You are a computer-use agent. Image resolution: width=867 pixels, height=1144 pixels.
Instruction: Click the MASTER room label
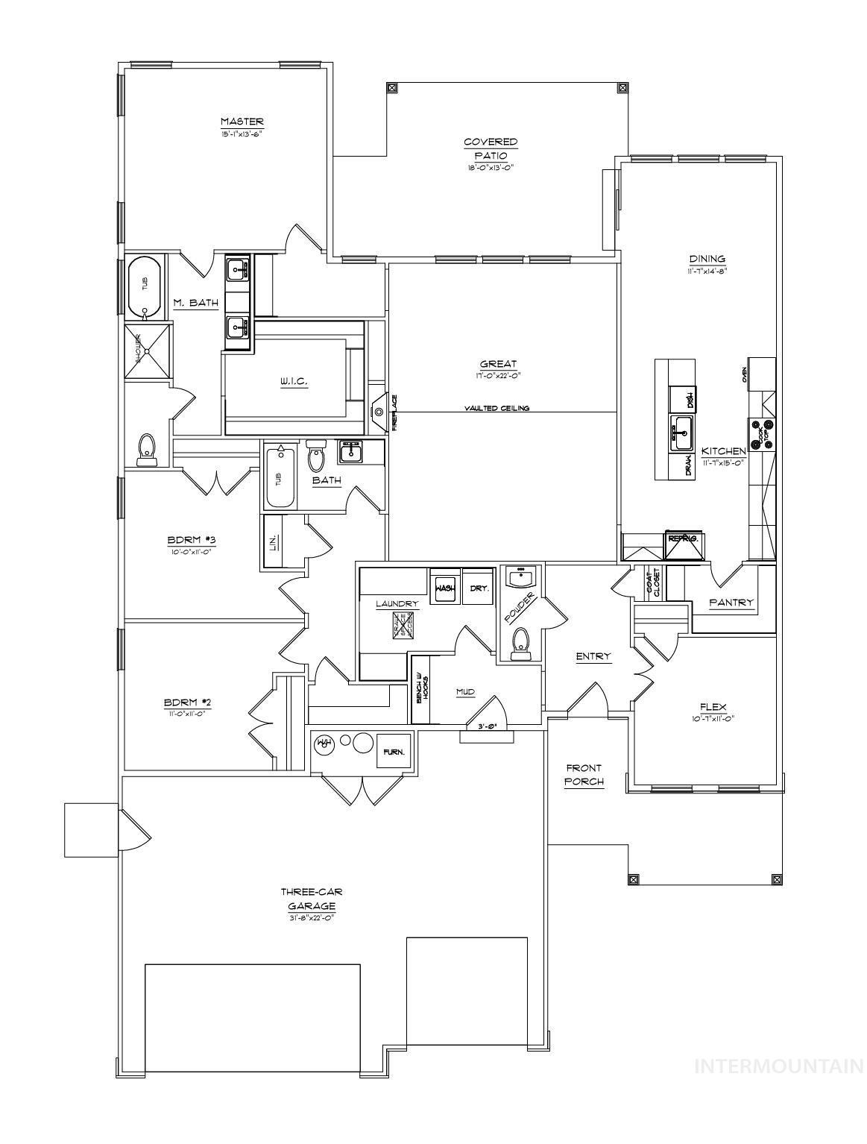coord(242,122)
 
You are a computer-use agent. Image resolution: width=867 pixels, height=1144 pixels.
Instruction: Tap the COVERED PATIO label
coord(491,148)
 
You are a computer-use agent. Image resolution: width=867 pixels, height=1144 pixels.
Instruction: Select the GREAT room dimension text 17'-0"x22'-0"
coord(499,376)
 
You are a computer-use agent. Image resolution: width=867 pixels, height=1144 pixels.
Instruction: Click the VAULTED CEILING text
coord(496,408)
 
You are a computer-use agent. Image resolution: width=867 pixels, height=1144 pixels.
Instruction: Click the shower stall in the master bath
coord(147,350)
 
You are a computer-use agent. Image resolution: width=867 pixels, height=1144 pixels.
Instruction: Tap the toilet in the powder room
coord(520,643)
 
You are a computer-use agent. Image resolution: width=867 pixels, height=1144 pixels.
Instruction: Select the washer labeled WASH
coord(444,588)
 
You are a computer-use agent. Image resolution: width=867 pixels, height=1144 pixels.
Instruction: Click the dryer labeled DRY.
coord(479,588)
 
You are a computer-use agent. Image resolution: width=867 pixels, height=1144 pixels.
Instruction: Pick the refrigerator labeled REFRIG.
coord(684,545)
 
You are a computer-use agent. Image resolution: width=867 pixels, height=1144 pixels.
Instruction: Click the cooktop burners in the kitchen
coord(762,433)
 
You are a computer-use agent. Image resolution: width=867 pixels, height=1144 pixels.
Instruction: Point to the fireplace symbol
coord(380,412)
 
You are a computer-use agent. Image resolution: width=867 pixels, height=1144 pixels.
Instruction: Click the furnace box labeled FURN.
coord(394,752)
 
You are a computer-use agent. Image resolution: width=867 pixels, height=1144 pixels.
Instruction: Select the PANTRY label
coord(731,603)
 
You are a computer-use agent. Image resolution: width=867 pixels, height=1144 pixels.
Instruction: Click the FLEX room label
coord(713,707)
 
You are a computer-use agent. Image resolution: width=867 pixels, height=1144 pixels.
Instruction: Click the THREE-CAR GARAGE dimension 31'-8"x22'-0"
coord(312,918)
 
